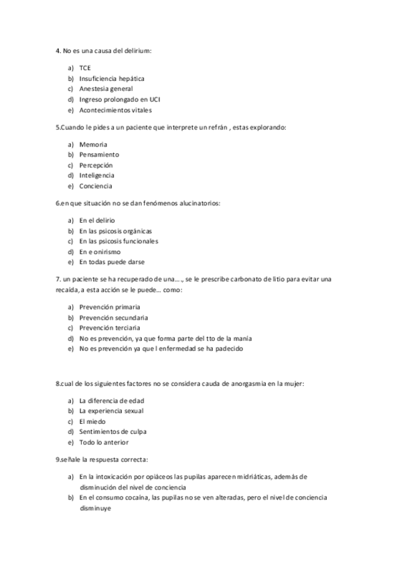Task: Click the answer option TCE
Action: click(85, 68)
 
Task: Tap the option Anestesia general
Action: click(106, 88)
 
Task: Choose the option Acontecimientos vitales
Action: click(116, 110)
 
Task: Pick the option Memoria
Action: click(93, 144)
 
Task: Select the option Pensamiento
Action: click(99, 154)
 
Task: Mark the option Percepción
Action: click(96, 164)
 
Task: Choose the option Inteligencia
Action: click(96, 175)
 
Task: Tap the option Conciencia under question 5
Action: click(96, 186)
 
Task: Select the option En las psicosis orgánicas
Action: click(115, 231)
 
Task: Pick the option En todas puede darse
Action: click(111, 262)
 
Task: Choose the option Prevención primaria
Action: click(109, 307)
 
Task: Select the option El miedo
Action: click(92, 421)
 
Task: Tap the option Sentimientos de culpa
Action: click(112, 432)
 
